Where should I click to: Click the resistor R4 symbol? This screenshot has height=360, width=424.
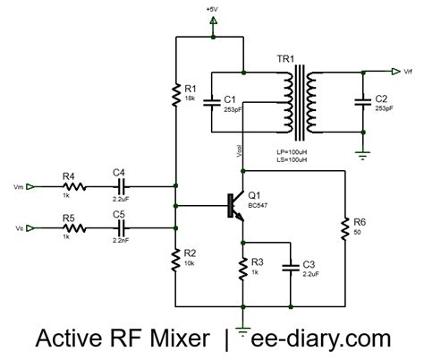coord(75,187)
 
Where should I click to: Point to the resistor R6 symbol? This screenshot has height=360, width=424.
coord(344,229)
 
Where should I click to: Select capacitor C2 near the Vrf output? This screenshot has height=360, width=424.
coord(361,101)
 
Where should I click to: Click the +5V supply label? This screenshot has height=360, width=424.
coord(213,8)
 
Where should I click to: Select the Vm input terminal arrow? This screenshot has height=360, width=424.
coord(30,187)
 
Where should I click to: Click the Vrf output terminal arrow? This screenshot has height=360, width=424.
coord(394,70)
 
